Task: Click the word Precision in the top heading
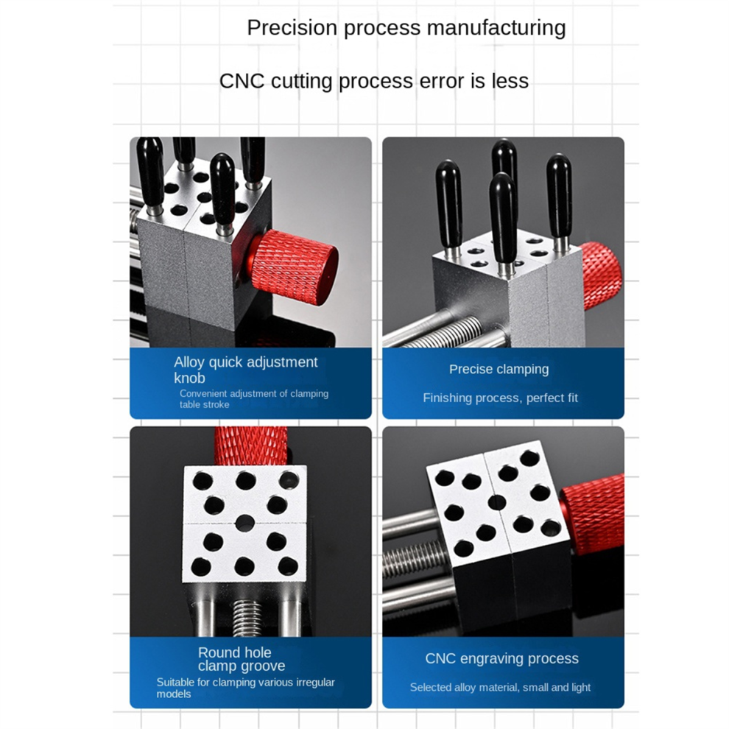(x=292, y=27)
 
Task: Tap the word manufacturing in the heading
(x=496, y=27)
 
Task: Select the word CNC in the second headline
(x=242, y=81)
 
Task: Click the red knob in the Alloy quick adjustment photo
(x=293, y=267)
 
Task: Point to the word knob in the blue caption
(x=190, y=378)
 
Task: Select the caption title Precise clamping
(x=499, y=369)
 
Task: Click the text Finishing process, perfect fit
(x=500, y=398)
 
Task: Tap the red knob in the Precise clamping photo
(x=602, y=275)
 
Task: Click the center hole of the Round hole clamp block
(x=245, y=523)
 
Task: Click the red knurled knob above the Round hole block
(x=251, y=445)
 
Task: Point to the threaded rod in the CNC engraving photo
(x=412, y=560)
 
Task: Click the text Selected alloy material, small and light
(x=500, y=687)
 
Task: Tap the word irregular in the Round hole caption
(x=315, y=682)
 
